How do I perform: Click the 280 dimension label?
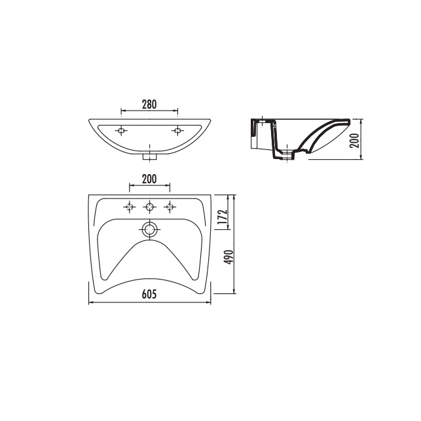[x=149, y=105]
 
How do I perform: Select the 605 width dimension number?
[x=149, y=294]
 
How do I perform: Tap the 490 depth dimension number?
[x=229, y=257]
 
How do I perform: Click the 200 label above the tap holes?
[x=149, y=179]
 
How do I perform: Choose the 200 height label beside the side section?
[x=354, y=140]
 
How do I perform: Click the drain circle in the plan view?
[x=149, y=230]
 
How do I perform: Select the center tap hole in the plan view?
[x=149, y=207]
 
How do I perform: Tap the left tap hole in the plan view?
[x=130, y=207]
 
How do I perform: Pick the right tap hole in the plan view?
[x=170, y=207]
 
